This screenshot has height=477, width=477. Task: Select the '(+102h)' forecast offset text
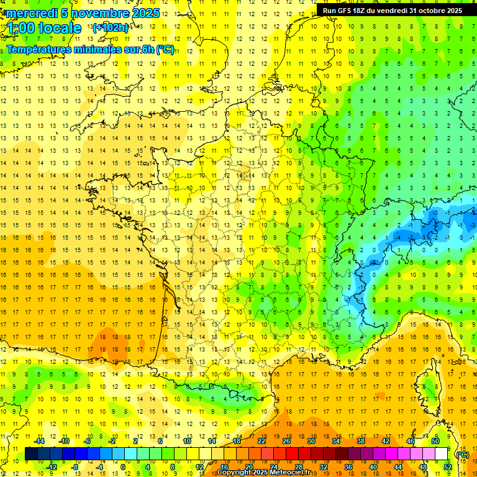pos(110,28)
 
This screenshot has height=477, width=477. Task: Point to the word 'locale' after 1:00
pos(60,28)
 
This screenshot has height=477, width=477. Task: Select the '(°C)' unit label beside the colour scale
pos(462,454)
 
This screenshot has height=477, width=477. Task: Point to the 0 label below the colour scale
pos(122,467)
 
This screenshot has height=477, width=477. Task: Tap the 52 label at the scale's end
pos(448,467)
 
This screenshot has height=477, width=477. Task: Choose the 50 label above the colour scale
pos(435,441)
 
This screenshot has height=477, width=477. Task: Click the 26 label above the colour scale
pos(286,441)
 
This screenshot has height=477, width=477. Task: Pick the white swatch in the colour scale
pos(442,454)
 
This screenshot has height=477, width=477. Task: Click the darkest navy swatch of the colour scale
pos(31,454)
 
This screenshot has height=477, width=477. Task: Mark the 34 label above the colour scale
pos(336,441)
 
